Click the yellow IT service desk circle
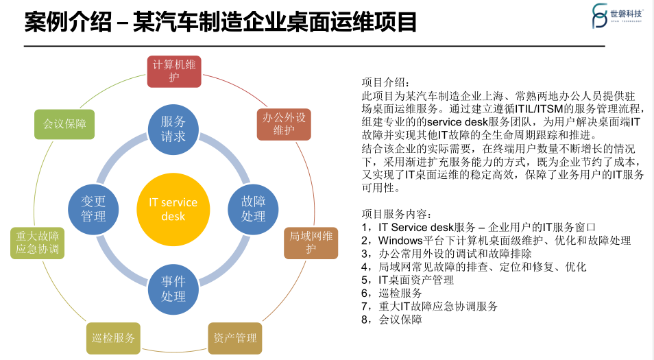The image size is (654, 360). point(173,209)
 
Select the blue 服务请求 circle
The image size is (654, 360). point(173,128)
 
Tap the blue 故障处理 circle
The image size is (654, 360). point(253,208)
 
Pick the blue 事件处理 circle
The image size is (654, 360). point(173,289)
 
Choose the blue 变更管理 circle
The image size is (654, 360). point(93,208)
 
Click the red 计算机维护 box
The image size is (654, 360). point(174,71)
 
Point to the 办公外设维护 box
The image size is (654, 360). point(283,123)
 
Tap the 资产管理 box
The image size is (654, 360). point(235,338)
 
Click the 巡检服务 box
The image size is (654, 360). point(113,338)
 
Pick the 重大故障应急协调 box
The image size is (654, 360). point(38,243)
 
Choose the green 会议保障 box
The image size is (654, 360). point(64,124)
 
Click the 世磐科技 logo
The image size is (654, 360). point(617,15)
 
